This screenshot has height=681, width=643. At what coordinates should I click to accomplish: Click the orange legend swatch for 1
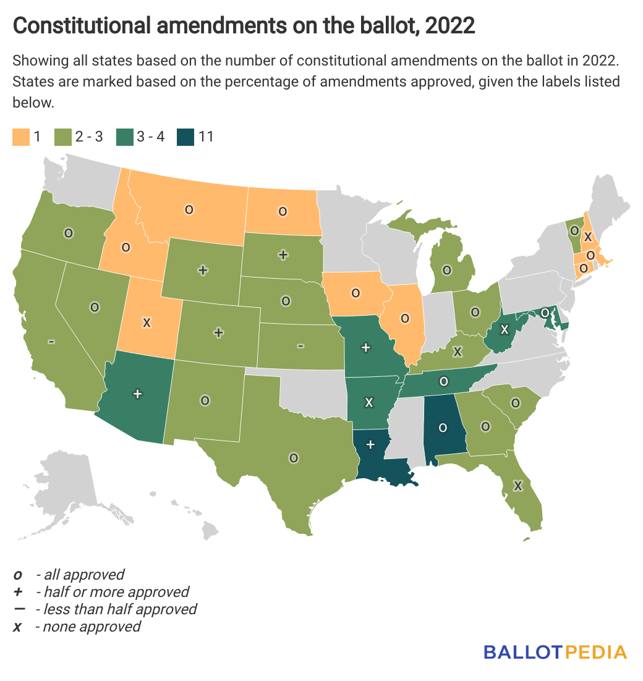click(x=20, y=137)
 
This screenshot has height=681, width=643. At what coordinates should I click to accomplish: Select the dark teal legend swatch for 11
click(x=185, y=137)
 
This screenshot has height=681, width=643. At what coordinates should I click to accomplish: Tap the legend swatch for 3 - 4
click(x=124, y=137)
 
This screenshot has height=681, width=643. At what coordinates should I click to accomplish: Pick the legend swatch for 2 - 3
click(x=62, y=137)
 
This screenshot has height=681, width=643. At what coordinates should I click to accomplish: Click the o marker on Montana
click(x=189, y=209)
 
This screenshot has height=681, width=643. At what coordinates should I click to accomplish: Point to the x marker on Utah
click(x=147, y=322)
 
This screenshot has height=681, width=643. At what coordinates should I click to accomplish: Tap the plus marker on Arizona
click(x=138, y=392)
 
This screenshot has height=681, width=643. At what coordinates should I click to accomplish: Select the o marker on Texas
click(x=294, y=458)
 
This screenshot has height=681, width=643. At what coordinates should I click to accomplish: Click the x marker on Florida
click(x=518, y=486)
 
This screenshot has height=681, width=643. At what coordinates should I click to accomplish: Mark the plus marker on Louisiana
click(x=370, y=444)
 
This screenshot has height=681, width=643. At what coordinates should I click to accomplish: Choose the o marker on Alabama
click(x=442, y=427)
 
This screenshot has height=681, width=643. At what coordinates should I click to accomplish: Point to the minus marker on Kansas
click(x=300, y=346)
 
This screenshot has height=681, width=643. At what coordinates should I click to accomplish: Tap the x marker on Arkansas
click(x=369, y=402)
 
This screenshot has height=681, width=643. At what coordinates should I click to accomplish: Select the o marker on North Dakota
click(x=283, y=211)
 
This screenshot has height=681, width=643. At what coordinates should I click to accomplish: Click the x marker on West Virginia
click(x=505, y=328)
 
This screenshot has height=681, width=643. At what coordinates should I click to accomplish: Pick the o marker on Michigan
click(x=446, y=269)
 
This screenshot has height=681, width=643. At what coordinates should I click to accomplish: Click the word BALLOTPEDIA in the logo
click(x=555, y=652)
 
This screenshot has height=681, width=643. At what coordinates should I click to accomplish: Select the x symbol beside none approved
click(x=18, y=627)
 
